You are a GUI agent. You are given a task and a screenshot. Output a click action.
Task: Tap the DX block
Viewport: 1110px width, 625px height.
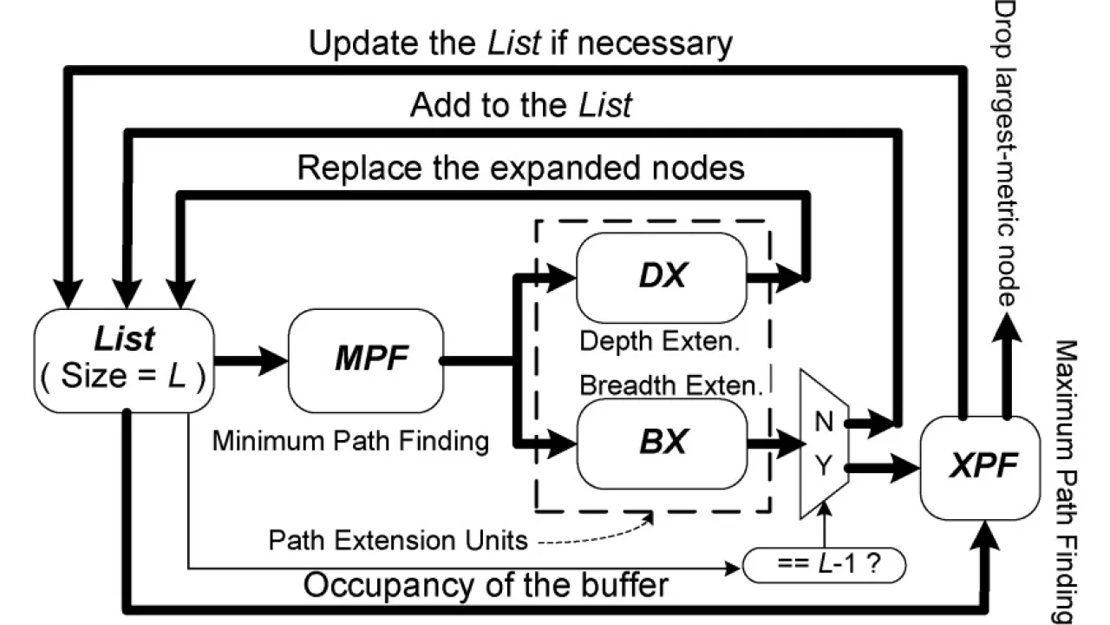pos(662,277)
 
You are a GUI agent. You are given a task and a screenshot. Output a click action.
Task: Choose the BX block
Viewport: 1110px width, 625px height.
pos(662,443)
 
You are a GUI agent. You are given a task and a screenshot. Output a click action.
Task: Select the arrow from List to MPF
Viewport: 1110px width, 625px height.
pos(251,359)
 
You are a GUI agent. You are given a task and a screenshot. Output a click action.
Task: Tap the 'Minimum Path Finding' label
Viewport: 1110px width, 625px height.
pos(350,441)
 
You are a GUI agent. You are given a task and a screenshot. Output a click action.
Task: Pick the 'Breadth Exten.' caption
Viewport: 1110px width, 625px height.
pos(670,385)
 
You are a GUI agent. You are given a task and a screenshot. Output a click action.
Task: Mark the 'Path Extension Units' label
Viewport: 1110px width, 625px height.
pos(398,540)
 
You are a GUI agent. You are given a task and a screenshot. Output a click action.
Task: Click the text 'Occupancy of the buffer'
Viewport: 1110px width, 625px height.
pos(486,584)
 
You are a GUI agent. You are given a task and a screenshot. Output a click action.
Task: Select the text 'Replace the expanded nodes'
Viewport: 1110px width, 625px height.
pos(520,167)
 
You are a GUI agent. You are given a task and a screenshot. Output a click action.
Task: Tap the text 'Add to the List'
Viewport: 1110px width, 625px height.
pos(520,105)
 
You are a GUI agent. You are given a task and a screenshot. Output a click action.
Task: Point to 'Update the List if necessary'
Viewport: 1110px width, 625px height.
pos(520,43)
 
